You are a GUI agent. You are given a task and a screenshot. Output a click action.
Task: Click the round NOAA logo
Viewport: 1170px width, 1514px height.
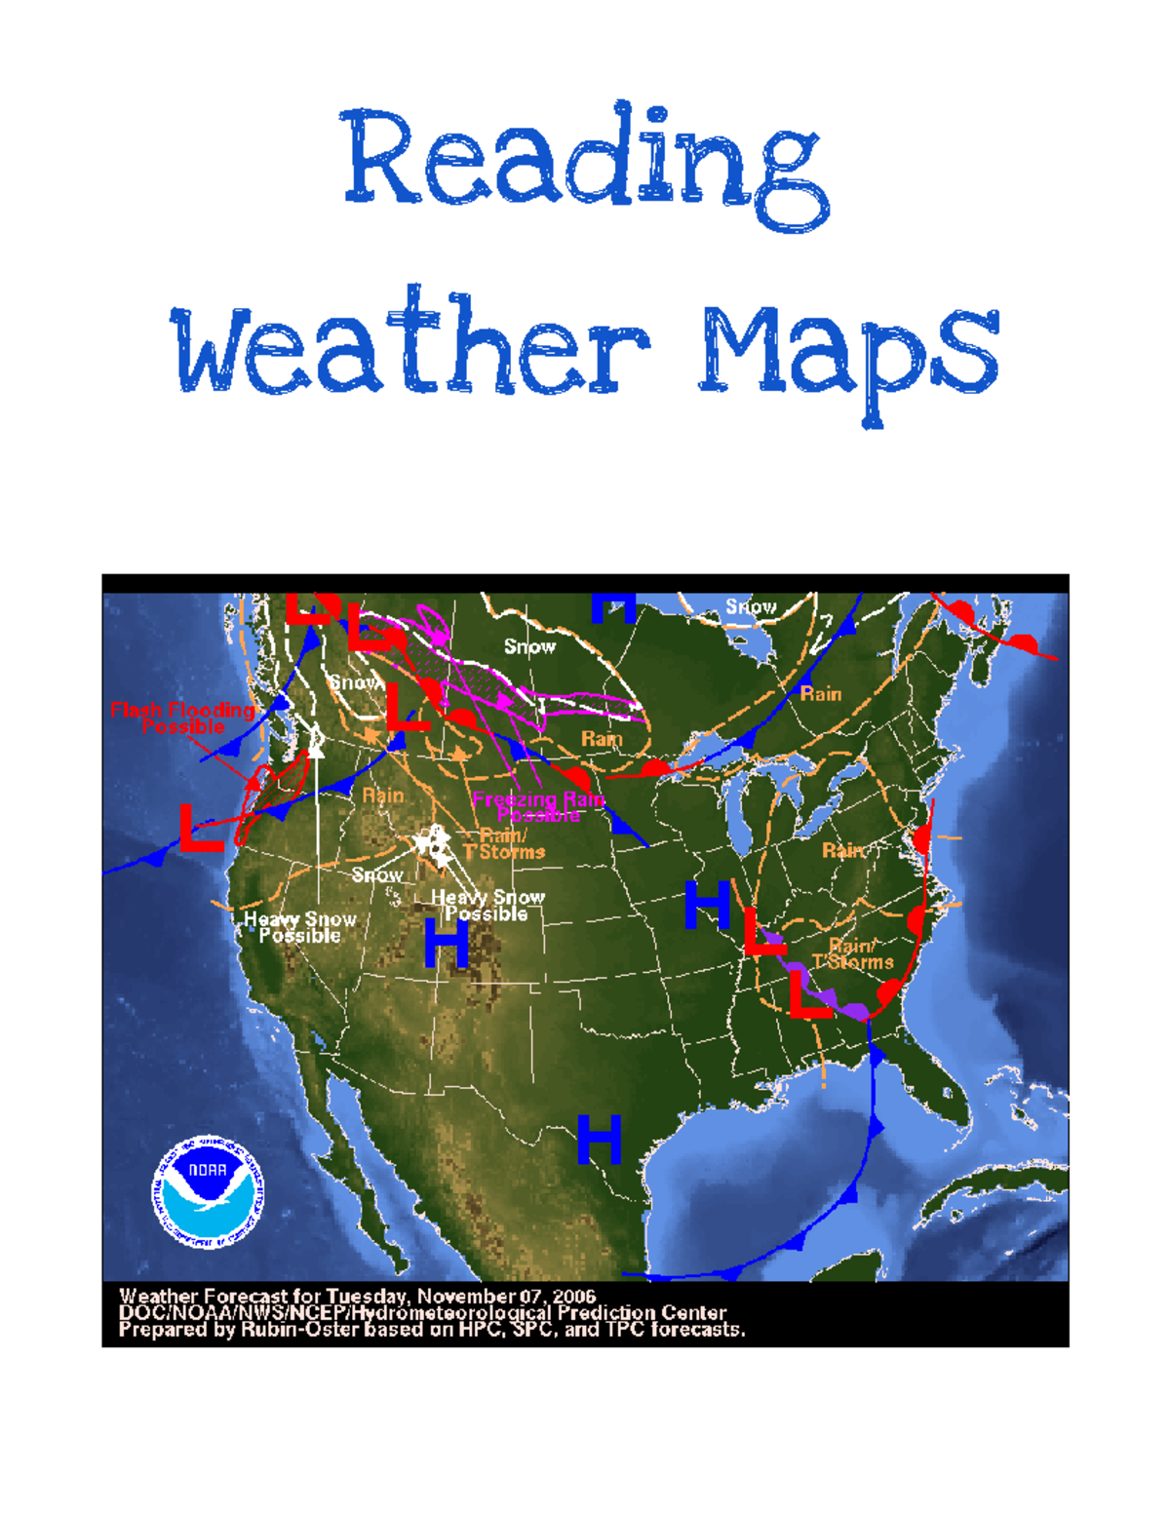208,1190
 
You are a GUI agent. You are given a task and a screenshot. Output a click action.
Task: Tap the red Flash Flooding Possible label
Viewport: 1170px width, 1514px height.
182,718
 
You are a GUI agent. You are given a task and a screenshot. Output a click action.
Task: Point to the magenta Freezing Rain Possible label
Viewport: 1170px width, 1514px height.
539,807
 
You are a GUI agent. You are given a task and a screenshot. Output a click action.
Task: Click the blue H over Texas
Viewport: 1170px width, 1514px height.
599,1139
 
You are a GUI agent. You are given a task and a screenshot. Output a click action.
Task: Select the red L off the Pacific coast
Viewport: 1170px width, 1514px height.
202,828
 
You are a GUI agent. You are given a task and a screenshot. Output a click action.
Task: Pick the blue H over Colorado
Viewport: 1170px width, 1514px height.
447,943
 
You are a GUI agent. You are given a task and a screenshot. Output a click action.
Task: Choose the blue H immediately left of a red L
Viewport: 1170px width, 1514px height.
707,905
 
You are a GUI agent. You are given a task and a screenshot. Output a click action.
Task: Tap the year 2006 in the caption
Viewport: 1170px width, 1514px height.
574,1297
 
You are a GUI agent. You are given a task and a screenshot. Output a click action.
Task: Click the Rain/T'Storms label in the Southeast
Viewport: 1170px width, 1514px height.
853,953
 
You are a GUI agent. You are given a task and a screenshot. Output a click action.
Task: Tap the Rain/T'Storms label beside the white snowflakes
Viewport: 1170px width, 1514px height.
505,844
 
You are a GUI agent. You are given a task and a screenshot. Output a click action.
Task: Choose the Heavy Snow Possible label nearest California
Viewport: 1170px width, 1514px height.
299,927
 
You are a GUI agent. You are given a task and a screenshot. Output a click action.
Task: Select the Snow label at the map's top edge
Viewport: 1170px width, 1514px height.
751,607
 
